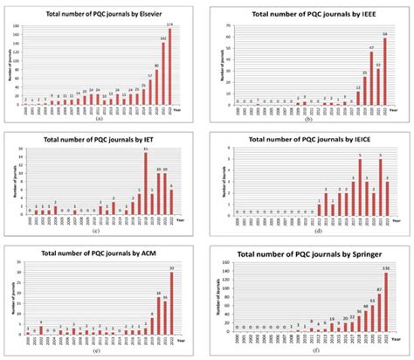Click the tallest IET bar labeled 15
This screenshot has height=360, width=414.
coord(144,185)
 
